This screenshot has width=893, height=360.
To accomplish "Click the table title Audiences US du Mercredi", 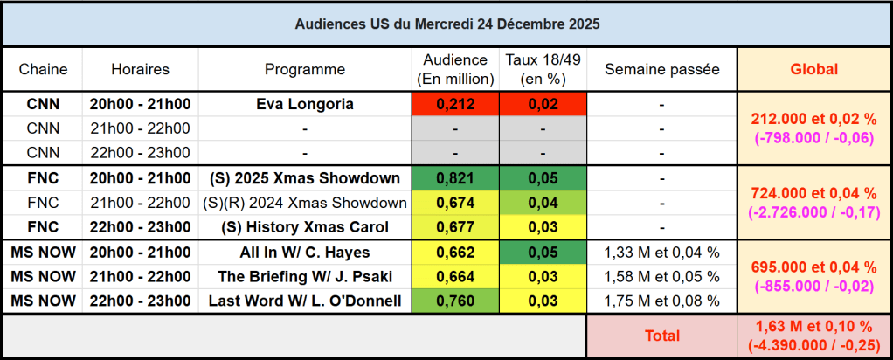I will pos(446,24).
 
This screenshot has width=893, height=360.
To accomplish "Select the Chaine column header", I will pos(43,69).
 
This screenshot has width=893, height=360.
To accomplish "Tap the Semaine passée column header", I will pos(661,69).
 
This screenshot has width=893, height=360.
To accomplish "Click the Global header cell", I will pos(813,69).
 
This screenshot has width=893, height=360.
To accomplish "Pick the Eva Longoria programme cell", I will pos(305,104).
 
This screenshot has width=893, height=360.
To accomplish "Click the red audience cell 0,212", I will pos(454,104).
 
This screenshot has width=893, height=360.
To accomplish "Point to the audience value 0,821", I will pos(454,178).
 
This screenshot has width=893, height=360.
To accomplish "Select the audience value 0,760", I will pos(454,301).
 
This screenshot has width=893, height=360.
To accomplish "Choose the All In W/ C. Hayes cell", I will pos(305,253).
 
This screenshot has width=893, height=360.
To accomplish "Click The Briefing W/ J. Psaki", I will pos(305,277).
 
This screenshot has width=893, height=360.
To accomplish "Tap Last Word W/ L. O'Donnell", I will pos(305,301).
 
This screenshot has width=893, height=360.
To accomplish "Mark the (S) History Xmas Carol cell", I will pos(305,227).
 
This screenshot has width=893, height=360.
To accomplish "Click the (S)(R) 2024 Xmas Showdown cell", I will pos(305,203).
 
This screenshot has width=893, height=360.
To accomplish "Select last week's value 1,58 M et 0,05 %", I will pos(661,277).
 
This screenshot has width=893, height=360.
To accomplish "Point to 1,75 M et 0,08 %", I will pos(661,301).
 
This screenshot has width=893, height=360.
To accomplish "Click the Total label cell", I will pos(661,336).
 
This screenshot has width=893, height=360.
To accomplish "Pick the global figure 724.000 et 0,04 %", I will pos(813,193).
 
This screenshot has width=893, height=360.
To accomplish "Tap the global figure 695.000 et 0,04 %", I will pos(813,267).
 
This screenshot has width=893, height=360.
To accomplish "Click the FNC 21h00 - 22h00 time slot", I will pos(140,203).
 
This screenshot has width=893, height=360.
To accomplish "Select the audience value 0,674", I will pos(454,203).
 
